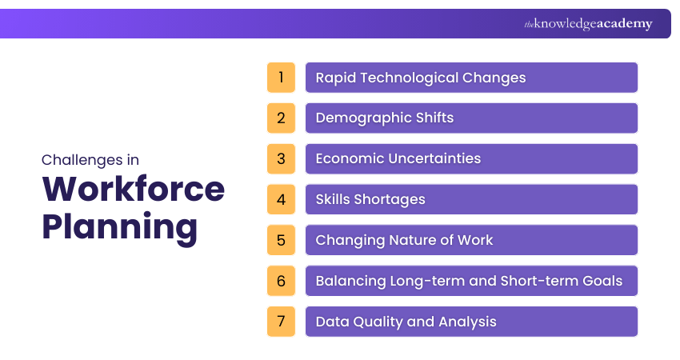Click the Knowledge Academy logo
(588, 24)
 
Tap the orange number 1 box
(281, 78)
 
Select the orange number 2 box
(281, 118)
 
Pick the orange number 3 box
(281, 159)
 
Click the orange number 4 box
(281, 199)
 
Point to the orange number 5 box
(281, 240)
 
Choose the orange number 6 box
(281, 281)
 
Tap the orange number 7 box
(281, 322)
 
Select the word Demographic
(363, 118)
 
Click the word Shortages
(390, 199)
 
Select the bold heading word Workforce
(133, 189)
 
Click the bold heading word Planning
(119, 226)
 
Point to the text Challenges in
(90, 160)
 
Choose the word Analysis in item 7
(467, 322)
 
